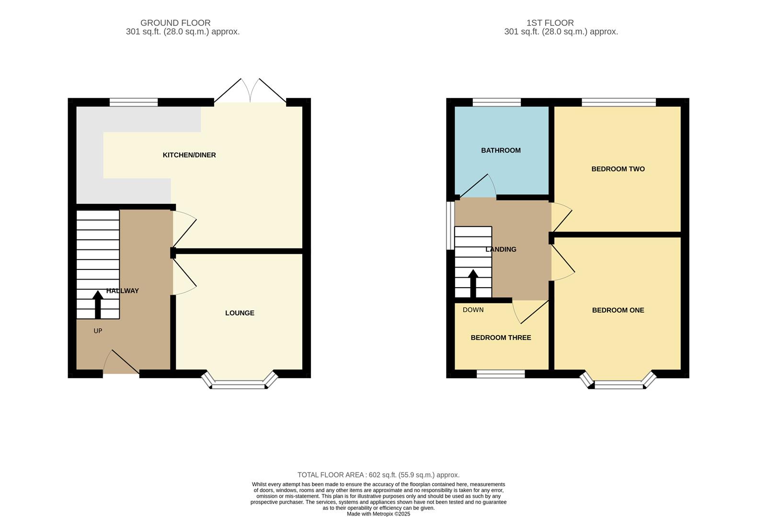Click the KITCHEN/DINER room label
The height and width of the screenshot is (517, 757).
coord(189,155)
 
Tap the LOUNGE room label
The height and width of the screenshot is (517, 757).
coord(240,313)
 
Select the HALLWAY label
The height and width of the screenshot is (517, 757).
coord(123,291)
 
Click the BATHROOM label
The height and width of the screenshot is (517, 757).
coord(501,150)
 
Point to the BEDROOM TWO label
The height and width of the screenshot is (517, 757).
coord(618,169)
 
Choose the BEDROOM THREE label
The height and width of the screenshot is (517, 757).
coord(501,337)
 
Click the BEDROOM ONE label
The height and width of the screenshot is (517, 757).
coord(618,310)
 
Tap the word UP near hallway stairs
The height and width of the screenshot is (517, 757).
coord(98,331)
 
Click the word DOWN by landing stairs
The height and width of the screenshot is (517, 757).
coord(473,310)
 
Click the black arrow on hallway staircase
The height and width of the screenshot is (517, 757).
coord(98,304)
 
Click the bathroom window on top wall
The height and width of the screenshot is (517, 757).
coord(496,102)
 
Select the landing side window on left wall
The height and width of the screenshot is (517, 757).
coord(450,225)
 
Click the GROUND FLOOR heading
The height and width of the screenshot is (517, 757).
coord(175,22)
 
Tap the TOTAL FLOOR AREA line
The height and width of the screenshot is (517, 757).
coord(378,475)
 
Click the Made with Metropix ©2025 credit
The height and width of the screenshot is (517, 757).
coord(378,514)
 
